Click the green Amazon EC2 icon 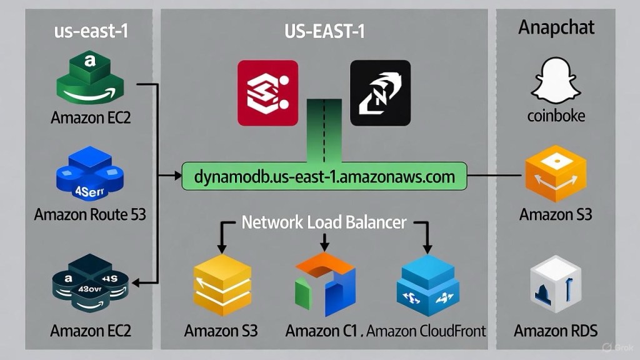[91, 79]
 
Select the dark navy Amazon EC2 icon [90, 283]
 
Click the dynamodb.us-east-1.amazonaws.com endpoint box [324, 176]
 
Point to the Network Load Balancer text [324, 222]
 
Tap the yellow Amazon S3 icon [222, 285]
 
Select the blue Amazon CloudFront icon [428, 285]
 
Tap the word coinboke [556, 116]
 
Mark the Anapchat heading [556, 28]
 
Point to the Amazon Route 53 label [90, 214]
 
